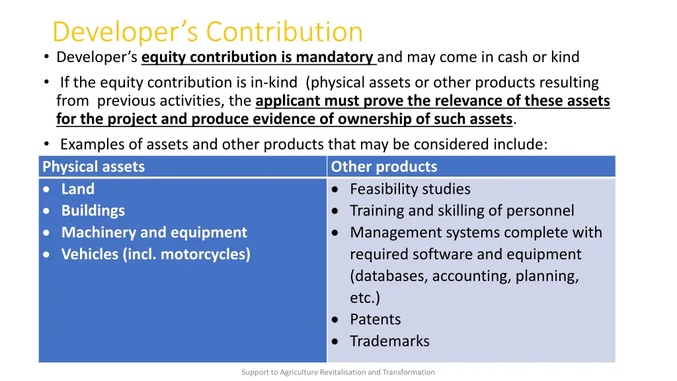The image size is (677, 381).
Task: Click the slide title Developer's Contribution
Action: click(x=208, y=32)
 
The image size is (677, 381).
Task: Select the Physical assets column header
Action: click(x=93, y=167)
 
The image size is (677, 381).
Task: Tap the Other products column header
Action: click(x=384, y=167)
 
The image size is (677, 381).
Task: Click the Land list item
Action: click(x=78, y=189)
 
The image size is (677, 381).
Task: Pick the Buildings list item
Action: click(x=93, y=211)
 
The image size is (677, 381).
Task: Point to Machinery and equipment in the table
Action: click(x=154, y=233)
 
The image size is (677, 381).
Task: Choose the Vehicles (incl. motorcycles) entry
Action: click(x=156, y=255)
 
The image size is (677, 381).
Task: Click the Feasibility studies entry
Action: click(x=410, y=189)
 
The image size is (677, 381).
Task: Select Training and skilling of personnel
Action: click(x=461, y=211)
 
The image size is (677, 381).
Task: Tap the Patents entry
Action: click(x=376, y=319)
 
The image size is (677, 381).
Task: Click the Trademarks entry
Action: click(x=389, y=341)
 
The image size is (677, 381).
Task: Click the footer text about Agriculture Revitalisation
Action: click(x=338, y=372)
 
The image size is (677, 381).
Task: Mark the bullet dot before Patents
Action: click(x=337, y=319)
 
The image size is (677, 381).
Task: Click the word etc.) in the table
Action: click(x=365, y=298)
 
